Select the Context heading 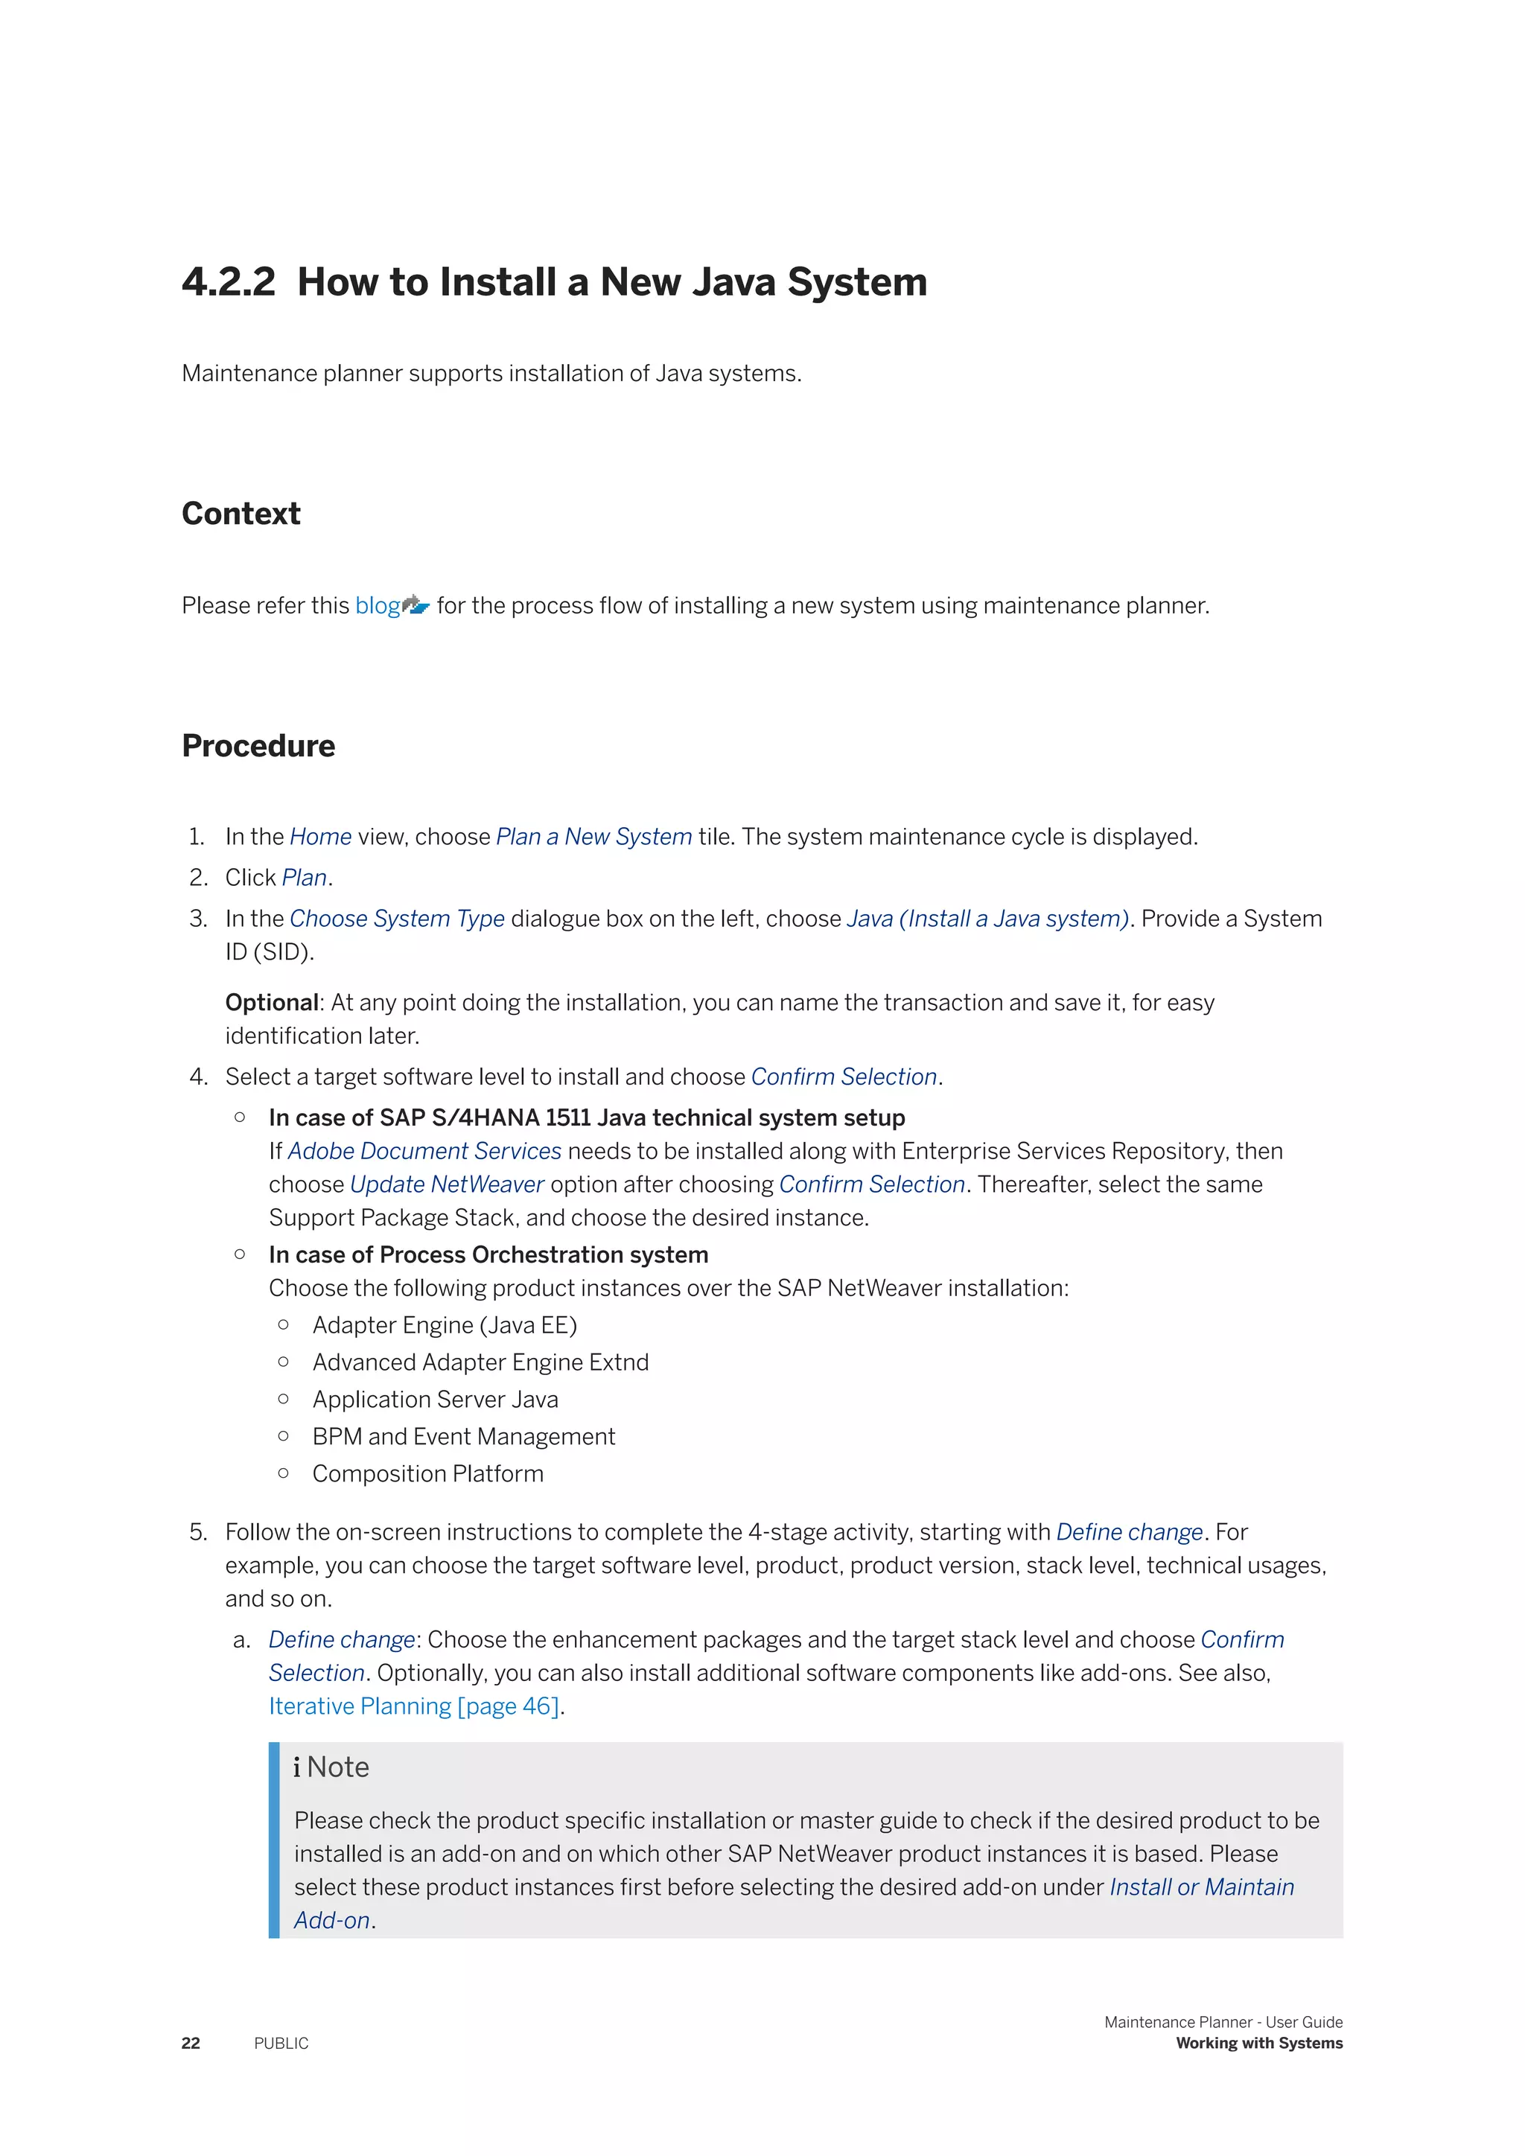(241, 514)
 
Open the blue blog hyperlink (378, 606)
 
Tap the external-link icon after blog (416, 606)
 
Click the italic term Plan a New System (593, 837)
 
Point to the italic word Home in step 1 (320, 837)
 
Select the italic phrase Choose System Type (397, 919)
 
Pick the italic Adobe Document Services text (424, 1151)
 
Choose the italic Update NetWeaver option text (447, 1184)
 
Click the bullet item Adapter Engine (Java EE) (444, 1325)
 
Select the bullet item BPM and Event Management (464, 1437)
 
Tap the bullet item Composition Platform (428, 1474)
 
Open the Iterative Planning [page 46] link (414, 1706)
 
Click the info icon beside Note (297, 1767)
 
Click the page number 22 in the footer (191, 2044)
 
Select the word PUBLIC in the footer (281, 2044)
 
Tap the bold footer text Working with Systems (1259, 2044)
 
